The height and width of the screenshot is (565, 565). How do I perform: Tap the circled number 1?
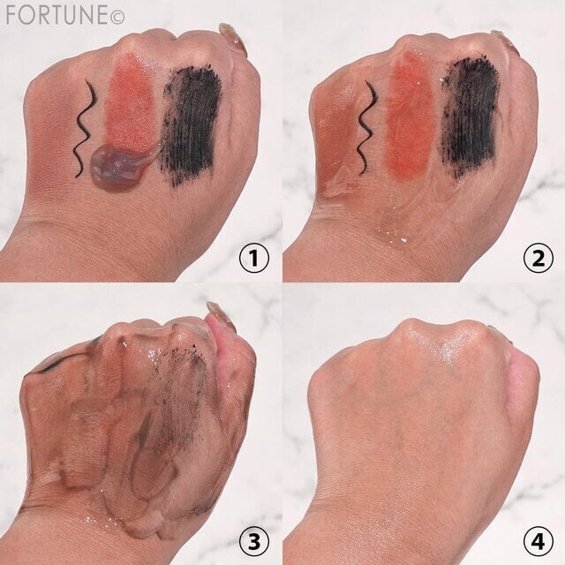(x=254, y=258)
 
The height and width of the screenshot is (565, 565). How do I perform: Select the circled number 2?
(x=539, y=258)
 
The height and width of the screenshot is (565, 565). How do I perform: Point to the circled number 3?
(x=254, y=541)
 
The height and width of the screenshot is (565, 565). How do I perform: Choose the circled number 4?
(x=539, y=541)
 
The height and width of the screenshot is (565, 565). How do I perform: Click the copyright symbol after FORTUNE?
(x=117, y=18)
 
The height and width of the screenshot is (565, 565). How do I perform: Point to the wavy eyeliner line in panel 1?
(x=86, y=129)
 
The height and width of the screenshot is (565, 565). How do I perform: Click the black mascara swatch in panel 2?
(x=471, y=117)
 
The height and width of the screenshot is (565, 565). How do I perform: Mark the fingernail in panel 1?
(x=231, y=36)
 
